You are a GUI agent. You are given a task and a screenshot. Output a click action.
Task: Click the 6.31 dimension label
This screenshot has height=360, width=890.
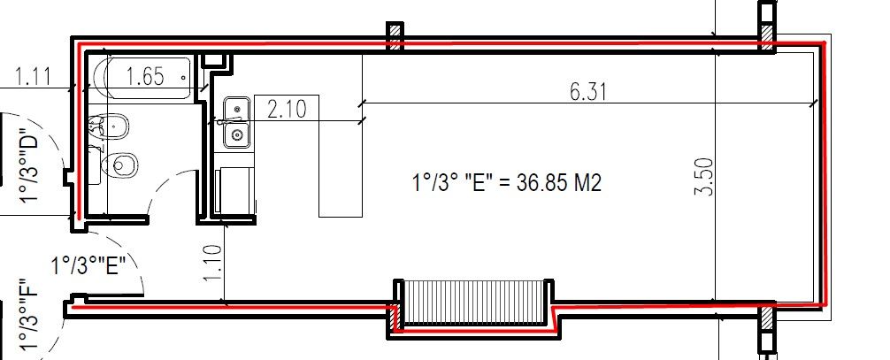588,91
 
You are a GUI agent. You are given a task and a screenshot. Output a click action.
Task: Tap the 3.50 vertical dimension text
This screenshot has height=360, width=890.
704,177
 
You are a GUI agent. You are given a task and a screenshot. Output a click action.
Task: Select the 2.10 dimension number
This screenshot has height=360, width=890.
287,109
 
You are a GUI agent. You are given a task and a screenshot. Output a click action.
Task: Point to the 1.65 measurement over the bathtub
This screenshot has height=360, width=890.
145,75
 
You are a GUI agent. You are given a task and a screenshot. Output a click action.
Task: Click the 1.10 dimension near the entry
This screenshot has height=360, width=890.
212,263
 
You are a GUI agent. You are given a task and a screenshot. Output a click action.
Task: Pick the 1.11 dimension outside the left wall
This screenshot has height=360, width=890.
33,75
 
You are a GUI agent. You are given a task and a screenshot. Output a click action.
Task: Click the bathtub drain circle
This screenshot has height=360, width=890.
183,77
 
